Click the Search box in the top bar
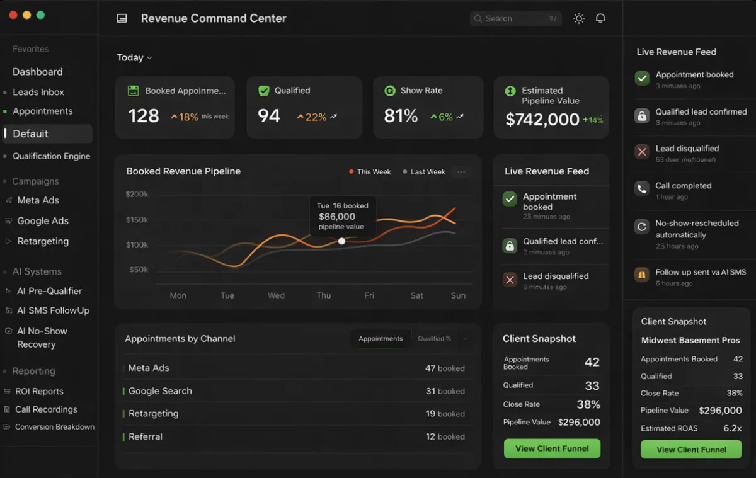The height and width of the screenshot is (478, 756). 515,19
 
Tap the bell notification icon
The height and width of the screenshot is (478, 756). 600,18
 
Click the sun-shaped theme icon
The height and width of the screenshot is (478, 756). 578,18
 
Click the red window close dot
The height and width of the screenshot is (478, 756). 13,14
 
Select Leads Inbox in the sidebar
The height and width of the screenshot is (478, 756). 38,92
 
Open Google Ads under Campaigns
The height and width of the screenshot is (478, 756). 43,221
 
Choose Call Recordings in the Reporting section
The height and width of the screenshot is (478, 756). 46,409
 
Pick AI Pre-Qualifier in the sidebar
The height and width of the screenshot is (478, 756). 49,291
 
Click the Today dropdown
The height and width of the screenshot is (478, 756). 134,57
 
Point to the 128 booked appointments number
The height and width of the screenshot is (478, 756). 144,116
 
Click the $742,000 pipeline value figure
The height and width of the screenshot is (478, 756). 542,120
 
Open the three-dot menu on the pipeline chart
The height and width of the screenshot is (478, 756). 461,172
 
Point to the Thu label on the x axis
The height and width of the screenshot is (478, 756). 324,295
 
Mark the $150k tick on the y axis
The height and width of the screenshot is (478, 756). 137,220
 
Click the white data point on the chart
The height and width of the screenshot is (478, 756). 341,241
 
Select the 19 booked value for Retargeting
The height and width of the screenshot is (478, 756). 445,414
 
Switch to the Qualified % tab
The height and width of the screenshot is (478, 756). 434,339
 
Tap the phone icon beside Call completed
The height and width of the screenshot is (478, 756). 641,189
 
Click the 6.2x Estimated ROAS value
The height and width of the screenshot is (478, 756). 732,428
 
